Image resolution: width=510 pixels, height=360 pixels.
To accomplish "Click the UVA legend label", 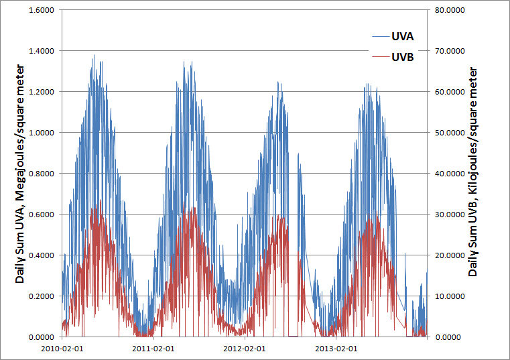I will tap(402, 36).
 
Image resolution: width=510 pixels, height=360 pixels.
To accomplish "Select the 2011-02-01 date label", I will tap(153, 349).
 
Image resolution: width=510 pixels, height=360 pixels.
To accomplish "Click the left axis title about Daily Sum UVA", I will tap(20, 173).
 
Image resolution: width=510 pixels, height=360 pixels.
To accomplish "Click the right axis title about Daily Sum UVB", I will tap(473, 173).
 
